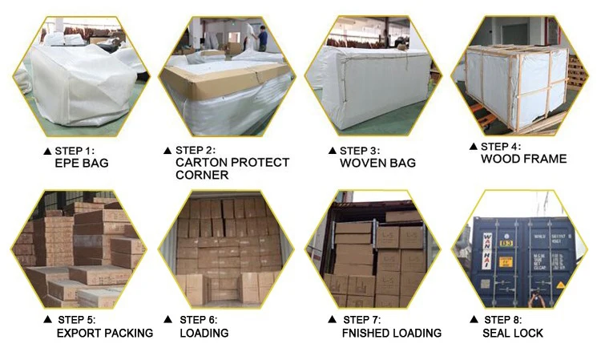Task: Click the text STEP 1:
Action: coord(75,151)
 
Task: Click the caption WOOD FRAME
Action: coord(523,159)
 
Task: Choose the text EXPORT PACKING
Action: coord(104,333)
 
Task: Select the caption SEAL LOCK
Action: coord(513,333)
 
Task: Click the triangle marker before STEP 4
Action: coord(473,147)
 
